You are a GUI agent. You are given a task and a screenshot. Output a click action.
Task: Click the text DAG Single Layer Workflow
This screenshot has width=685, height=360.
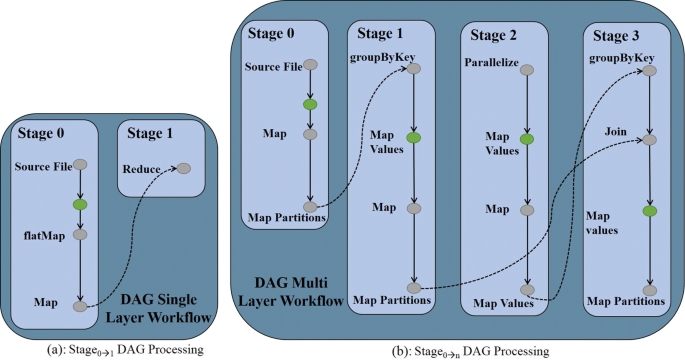(165, 309)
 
